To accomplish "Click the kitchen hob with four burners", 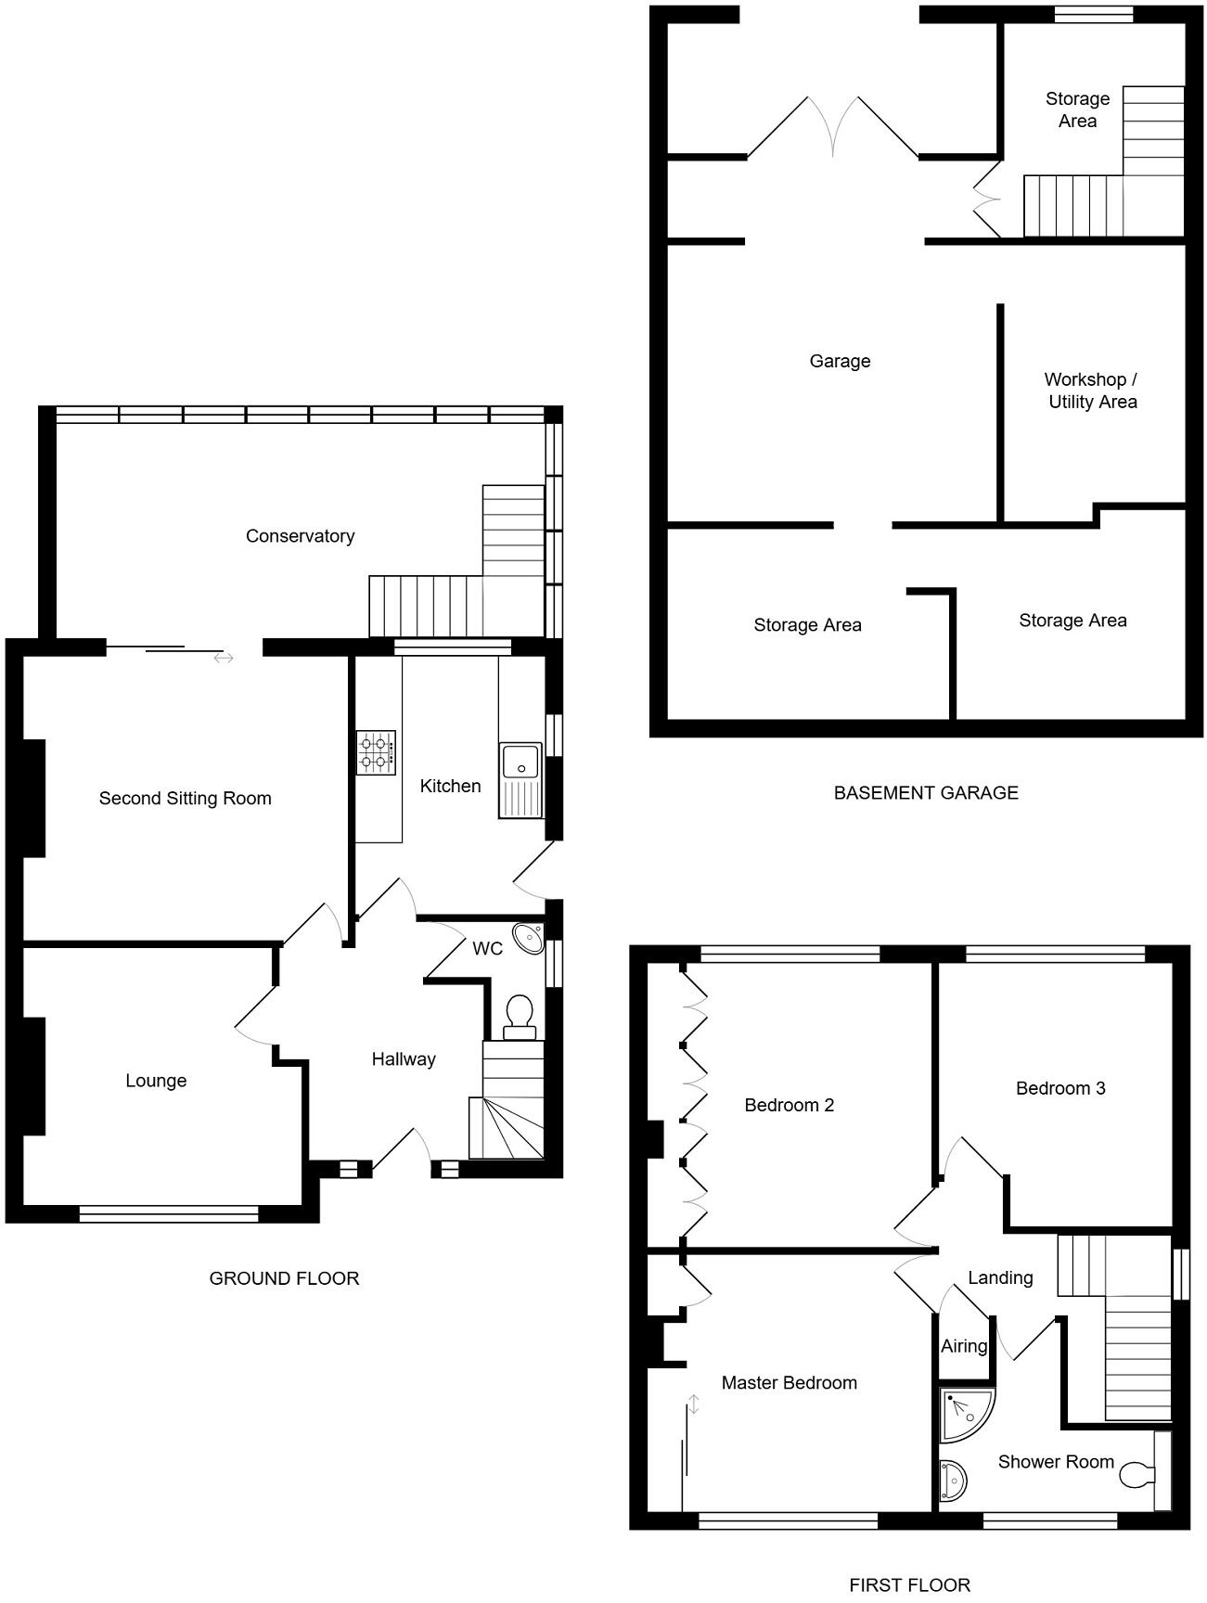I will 376,752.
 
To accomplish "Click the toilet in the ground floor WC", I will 520,1017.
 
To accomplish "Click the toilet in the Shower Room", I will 1137,1474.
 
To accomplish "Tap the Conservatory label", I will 300,536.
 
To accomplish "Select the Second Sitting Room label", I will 185,799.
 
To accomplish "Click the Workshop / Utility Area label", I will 1091,391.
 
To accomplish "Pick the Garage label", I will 840,361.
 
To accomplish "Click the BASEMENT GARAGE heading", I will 925,793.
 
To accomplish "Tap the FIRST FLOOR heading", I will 909,1585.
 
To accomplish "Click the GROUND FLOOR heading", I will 284,1278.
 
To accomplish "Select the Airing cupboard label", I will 964,1346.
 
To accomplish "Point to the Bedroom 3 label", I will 1059,1088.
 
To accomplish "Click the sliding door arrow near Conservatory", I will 224,658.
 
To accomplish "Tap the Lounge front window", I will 169,1213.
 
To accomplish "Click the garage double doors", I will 833,125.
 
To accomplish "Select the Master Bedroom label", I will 789,1383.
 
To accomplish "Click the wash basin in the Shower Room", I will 952,1481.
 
